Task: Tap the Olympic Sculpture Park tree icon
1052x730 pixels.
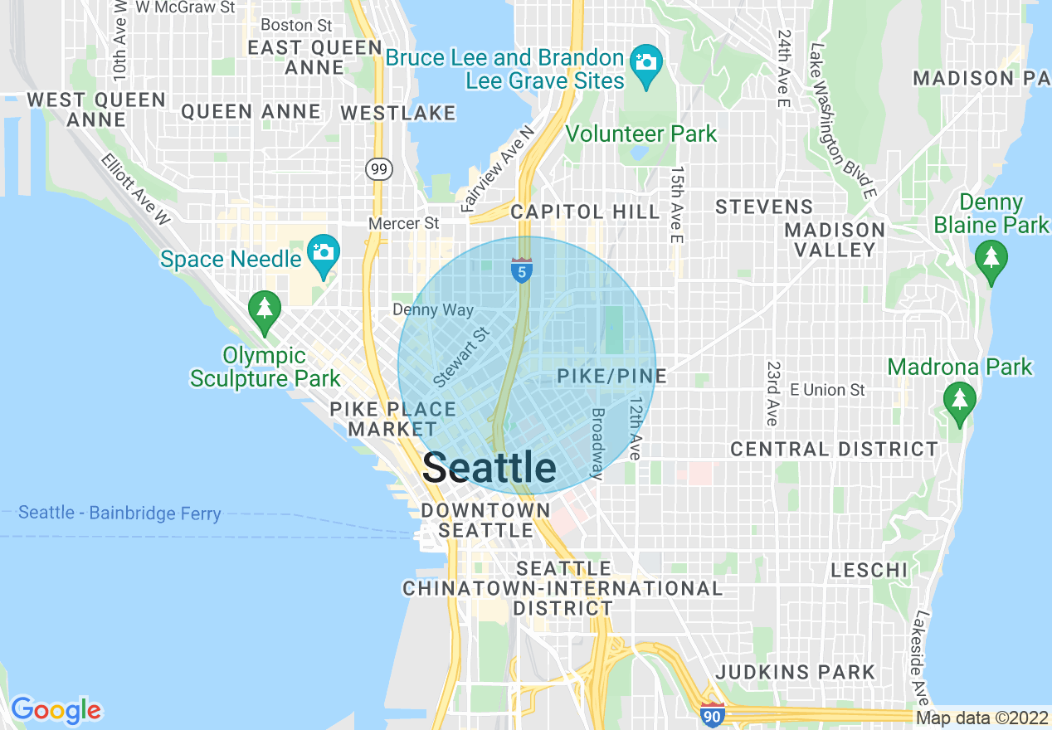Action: pyautogui.click(x=264, y=310)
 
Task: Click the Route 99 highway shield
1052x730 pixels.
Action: pyautogui.click(x=377, y=169)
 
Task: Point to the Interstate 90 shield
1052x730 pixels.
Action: pyautogui.click(x=711, y=713)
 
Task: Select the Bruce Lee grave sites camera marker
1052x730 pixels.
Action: pyautogui.click(x=645, y=63)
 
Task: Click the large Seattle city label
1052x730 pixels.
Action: pyautogui.click(x=489, y=468)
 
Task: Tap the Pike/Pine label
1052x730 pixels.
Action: pyautogui.click(x=611, y=376)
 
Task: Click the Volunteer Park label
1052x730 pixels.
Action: pyautogui.click(x=640, y=134)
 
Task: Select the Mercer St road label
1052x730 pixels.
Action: pyautogui.click(x=404, y=223)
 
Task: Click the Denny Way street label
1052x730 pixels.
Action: pyautogui.click(x=433, y=310)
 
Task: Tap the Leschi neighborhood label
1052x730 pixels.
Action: pyautogui.click(x=869, y=570)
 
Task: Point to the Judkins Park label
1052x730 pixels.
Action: pyautogui.click(x=795, y=672)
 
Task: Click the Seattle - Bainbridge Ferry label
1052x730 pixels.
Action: pyautogui.click(x=119, y=513)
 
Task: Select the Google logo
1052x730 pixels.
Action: pyautogui.click(x=56, y=710)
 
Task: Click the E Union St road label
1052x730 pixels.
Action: pyautogui.click(x=827, y=390)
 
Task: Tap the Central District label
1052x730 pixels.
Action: pyautogui.click(x=834, y=449)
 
